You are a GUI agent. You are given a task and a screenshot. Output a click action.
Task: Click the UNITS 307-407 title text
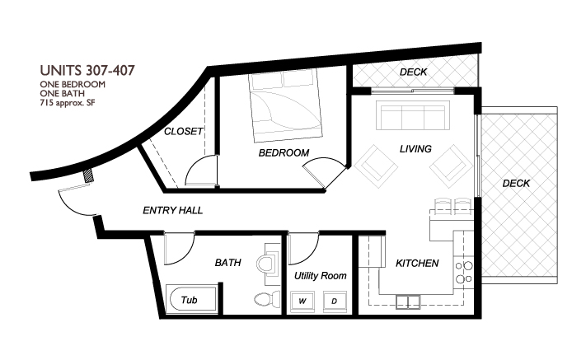pyautogui.click(x=87, y=71)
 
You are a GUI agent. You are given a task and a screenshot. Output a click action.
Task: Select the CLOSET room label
pyautogui.click(x=184, y=132)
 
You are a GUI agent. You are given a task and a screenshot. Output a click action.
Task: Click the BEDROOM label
pyautogui.click(x=284, y=153)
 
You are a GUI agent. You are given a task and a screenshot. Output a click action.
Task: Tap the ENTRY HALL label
pyautogui.click(x=173, y=211)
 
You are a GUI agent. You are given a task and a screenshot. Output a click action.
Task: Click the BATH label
pyautogui.click(x=227, y=264)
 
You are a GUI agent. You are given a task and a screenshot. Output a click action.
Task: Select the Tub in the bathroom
pyautogui.click(x=190, y=300)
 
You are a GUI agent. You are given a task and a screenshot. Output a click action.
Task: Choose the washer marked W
pyautogui.click(x=303, y=302)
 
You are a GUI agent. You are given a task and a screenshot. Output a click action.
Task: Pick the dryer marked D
pyautogui.click(x=335, y=302)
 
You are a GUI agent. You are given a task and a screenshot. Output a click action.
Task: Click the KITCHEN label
pyautogui.click(x=417, y=264)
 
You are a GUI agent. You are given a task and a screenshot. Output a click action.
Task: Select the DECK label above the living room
pyautogui.click(x=413, y=72)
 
